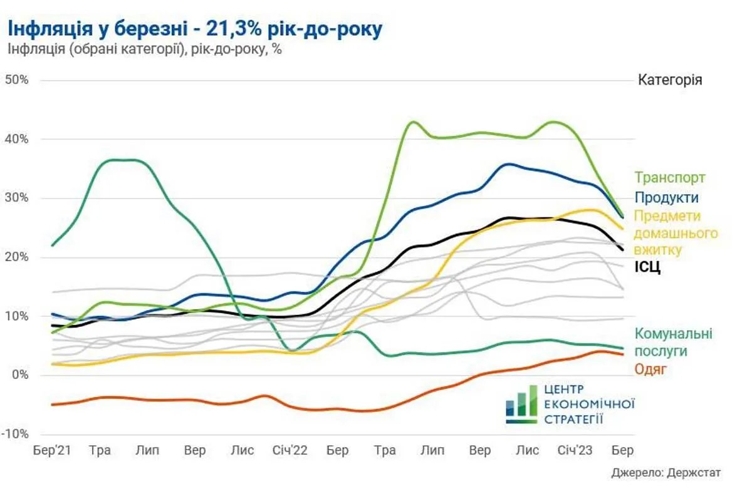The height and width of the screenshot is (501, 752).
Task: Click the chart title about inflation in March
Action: [194, 28]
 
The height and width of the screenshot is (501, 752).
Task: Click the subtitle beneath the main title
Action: [145, 50]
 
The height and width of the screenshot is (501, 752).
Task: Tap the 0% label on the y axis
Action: [20, 375]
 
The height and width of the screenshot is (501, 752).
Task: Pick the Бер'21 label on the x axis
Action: [51, 450]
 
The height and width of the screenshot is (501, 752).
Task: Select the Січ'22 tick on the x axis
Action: [290, 450]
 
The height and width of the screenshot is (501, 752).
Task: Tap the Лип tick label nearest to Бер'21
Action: [147, 450]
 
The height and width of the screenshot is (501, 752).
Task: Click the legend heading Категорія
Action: [670, 81]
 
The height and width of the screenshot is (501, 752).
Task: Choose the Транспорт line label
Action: [670, 178]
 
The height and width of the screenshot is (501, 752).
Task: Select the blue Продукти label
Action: [666, 197]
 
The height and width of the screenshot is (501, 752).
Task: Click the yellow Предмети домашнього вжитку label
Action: [676, 233]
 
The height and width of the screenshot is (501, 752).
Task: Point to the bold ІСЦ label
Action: [648, 268]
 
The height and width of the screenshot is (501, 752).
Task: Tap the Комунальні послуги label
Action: [674, 342]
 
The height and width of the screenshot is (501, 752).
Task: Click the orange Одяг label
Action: [650, 369]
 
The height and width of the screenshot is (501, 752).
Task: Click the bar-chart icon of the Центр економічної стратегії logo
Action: [521, 405]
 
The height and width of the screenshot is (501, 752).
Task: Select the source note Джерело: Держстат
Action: [666, 473]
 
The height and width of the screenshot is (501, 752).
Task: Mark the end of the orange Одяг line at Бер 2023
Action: [622, 354]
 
